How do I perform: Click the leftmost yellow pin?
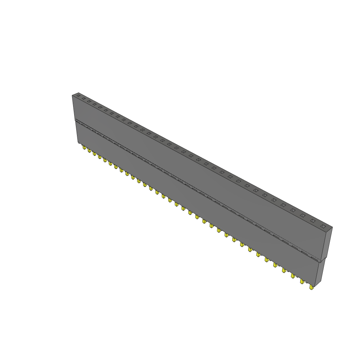[x=84, y=148]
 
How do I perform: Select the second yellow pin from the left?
[x=89, y=151]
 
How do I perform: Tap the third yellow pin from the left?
[x=94, y=154]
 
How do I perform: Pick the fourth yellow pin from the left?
[x=99, y=156]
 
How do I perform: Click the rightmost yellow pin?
[x=311, y=287]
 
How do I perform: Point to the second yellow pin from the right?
[x=302, y=281]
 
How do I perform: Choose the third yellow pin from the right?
[x=292, y=276]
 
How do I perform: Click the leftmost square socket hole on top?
[x=78, y=95]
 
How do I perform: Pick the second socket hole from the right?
[x=313, y=221]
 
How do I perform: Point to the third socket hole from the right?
[x=302, y=215]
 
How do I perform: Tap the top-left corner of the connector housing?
[x=72, y=96]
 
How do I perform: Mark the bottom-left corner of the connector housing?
[x=78, y=143]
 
